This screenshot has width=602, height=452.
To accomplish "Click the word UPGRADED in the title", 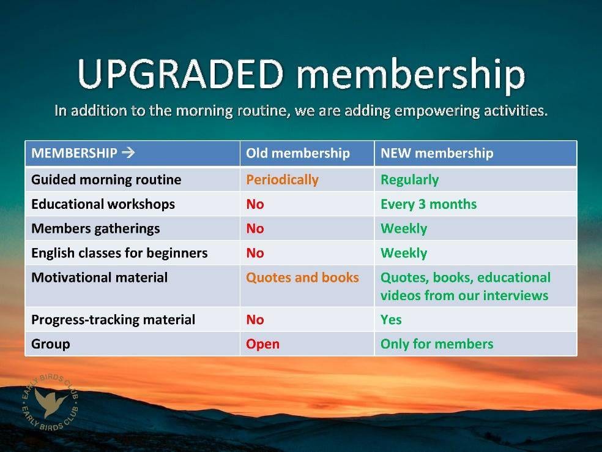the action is tap(180, 73).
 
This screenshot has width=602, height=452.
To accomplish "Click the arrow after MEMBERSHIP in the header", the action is tap(128, 153).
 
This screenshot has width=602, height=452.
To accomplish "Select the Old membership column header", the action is tap(298, 153).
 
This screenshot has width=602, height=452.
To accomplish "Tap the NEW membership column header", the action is tap(437, 153).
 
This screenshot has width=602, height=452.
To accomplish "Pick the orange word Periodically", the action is tap(282, 180).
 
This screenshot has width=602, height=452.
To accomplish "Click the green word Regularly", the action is tap(410, 180).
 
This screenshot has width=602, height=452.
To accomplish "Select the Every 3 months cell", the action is tap(428, 204).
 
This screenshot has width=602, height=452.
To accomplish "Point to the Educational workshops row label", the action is tap(103, 204).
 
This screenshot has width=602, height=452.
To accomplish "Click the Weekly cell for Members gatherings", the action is tap(404, 228).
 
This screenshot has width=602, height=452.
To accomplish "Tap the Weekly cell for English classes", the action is tap(404, 254).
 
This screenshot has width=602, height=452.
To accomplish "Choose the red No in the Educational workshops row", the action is tap(255, 204).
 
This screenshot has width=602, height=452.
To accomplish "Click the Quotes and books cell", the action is tap(303, 277).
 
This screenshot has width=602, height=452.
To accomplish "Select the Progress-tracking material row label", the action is tap(113, 320).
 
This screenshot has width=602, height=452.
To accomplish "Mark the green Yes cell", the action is tap(391, 320).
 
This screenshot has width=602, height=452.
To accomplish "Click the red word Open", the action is tap(262, 344).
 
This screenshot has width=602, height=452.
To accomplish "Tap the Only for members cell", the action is tap(437, 344).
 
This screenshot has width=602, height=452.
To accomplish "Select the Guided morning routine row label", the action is tap(106, 180).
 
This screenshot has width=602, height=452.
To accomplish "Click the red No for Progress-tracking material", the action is tap(255, 320).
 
